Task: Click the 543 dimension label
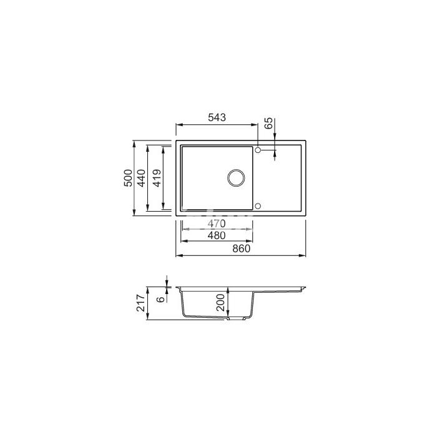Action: [217, 117]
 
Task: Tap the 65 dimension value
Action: [268, 123]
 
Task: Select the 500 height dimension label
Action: [128, 178]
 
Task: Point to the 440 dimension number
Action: [141, 178]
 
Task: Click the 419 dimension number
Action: [157, 178]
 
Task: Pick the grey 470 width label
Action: [217, 223]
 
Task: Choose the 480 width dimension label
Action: [217, 235]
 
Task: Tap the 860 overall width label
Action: [242, 248]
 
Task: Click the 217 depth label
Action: [141, 303]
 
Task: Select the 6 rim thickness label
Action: [161, 299]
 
